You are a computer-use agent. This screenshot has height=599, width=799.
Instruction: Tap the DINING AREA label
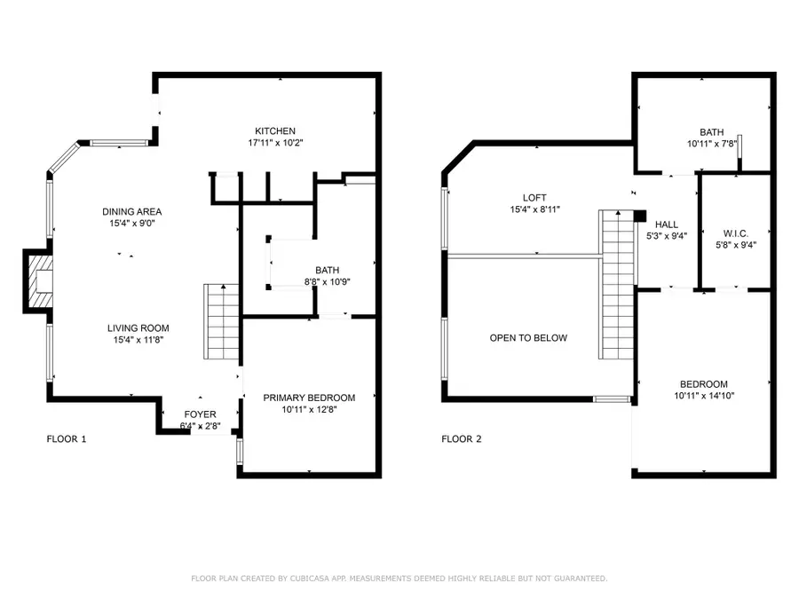coord(132,211)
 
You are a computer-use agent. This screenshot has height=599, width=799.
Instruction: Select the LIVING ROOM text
coord(138,327)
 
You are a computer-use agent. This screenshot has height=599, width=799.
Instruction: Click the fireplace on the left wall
coord(38,280)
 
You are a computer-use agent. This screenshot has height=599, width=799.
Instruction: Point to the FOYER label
coord(200,414)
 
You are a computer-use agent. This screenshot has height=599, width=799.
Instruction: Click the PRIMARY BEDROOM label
coord(309,398)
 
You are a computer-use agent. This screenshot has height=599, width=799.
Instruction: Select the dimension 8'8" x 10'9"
coord(328,283)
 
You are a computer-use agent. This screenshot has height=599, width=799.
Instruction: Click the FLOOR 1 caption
coord(66,439)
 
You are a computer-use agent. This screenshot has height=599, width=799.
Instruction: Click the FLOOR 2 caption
coord(462,439)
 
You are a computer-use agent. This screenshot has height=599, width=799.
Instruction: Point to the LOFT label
coord(534,198)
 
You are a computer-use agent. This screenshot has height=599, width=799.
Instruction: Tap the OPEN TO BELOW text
coord(528,338)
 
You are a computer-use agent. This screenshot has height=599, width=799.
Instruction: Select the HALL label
coord(668,225)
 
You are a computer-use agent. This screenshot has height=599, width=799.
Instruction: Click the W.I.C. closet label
coord(737,233)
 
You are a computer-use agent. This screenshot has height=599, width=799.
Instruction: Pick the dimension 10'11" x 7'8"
coord(711,143)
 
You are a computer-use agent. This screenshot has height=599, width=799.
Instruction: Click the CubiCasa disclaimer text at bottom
coord(399,579)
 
